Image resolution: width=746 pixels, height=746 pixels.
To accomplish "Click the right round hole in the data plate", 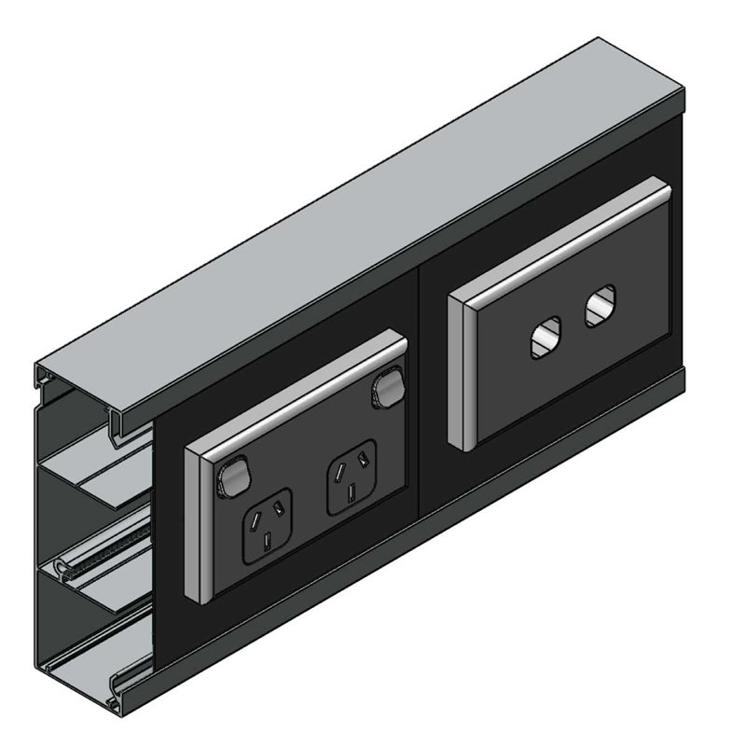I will tap(600, 307).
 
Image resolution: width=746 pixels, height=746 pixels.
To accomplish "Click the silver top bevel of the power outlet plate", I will tap(298, 391).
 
